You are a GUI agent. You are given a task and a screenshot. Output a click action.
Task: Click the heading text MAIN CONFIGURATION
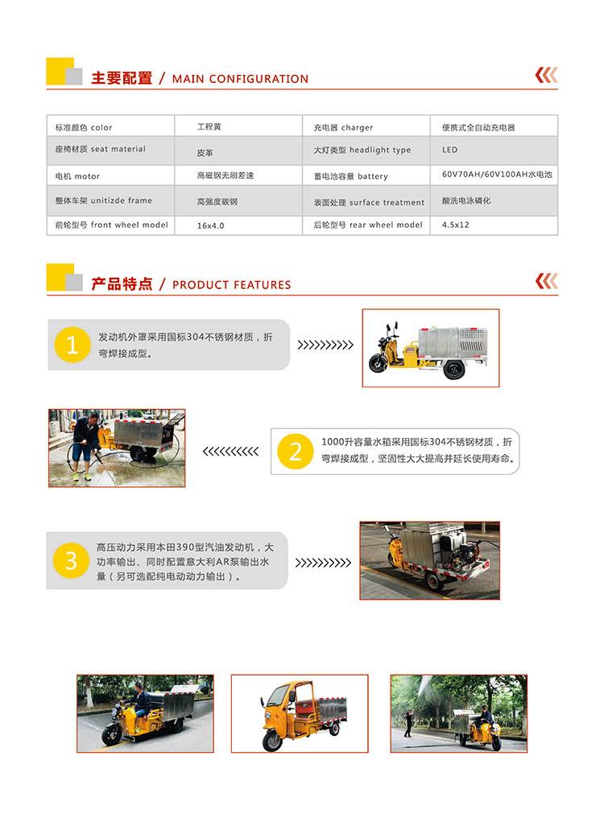[240, 79]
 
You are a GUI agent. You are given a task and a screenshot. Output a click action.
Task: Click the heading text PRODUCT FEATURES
[232, 285]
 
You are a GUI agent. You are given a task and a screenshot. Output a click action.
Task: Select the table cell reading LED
[449, 150]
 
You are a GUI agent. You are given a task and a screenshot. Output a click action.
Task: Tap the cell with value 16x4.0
[210, 225]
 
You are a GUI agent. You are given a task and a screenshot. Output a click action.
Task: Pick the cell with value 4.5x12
[455, 225]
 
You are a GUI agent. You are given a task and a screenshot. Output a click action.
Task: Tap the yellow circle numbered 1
[72, 345]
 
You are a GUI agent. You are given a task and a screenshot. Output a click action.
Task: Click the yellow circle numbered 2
[295, 451]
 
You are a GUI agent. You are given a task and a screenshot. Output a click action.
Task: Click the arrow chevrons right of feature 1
[325, 345]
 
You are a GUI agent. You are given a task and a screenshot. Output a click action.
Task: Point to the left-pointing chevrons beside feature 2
[230, 451]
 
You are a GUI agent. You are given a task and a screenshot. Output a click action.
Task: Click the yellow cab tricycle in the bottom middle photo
[298, 714]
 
